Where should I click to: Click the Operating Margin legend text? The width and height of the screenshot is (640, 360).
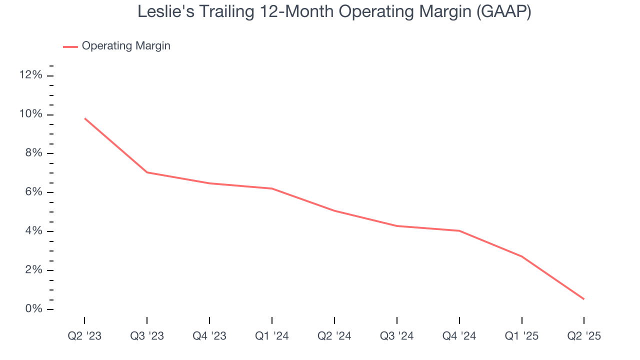click(126, 46)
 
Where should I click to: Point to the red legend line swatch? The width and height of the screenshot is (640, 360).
click(70, 46)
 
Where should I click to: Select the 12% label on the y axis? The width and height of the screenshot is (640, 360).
click(30, 75)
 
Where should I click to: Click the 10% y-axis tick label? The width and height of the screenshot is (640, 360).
click(30, 114)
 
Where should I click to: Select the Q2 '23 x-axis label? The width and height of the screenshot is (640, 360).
click(84, 336)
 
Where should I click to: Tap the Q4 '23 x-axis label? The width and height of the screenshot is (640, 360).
click(209, 336)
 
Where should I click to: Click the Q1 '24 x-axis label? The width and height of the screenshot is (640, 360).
click(272, 336)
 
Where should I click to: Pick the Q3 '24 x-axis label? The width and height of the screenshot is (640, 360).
click(397, 336)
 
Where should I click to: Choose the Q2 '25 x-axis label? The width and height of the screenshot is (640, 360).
click(584, 336)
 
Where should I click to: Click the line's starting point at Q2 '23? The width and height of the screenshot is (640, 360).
click(85, 118)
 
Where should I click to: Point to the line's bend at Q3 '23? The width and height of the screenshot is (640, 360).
click(147, 172)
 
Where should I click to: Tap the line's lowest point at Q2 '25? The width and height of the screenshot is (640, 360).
click(583, 299)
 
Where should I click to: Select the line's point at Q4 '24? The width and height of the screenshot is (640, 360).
click(459, 230)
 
